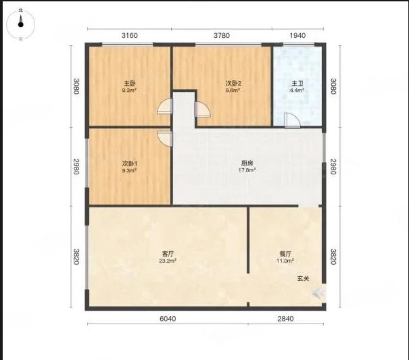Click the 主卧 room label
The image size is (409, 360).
[130, 84]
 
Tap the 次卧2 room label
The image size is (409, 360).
[233, 84]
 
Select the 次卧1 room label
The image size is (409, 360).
[130, 163]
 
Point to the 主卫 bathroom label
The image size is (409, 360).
[297, 84]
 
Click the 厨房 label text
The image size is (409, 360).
[247, 163]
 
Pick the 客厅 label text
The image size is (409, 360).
[168, 254]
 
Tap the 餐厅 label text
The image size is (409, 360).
[285, 254]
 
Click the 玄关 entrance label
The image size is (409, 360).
[304, 278]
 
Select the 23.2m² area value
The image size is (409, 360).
[168, 261]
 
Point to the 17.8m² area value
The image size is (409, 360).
[247, 170]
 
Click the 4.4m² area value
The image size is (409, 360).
[297, 91]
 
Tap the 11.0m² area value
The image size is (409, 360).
[285, 261]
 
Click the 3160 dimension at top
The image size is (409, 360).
[130, 35]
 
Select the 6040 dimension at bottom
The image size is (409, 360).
[168, 319]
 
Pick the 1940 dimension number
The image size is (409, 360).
[297, 35]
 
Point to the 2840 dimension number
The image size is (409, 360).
[285, 319]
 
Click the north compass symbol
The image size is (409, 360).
[20, 24]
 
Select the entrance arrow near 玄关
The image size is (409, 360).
[318, 294]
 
